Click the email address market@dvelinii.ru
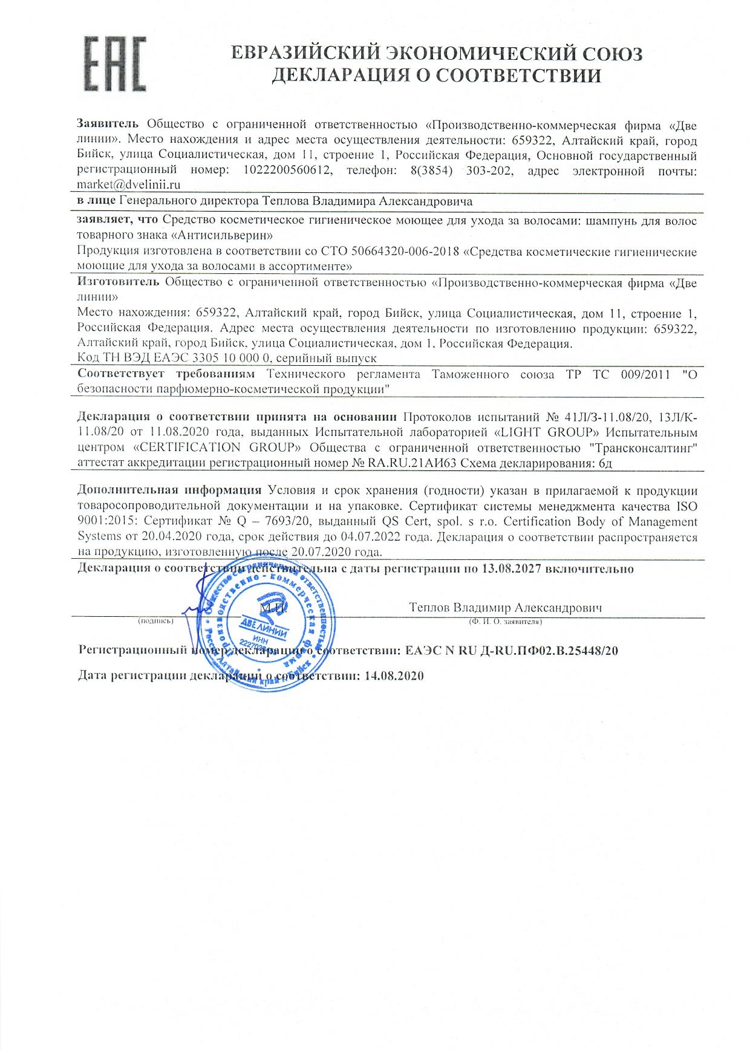(x=129, y=186)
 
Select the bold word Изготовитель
(x=119, y=282)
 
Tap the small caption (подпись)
(x=156, y=620)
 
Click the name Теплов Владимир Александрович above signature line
(x=505, y=607)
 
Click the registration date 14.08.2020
(x=394, y=675)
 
